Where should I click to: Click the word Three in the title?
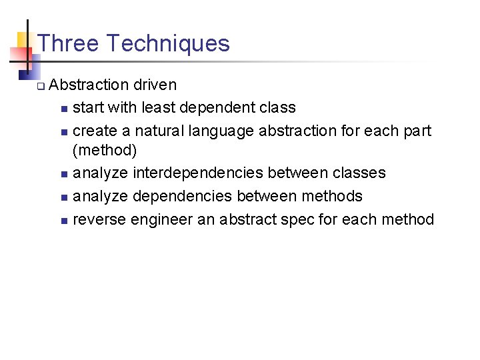coord(69,43)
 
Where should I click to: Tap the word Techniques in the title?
coord(168,43)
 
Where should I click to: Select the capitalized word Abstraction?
coord(89,85)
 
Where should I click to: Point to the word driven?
coord(155,85)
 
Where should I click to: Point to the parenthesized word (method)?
coord(105,151)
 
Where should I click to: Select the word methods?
coord(332,195)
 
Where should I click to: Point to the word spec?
coord(299,219)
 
